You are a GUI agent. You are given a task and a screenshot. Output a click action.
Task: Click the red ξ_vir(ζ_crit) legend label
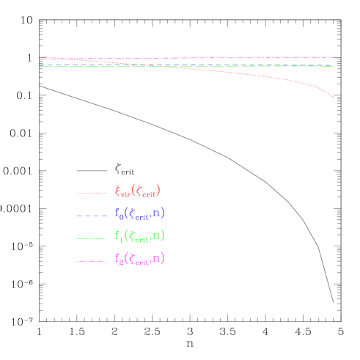point(138,192)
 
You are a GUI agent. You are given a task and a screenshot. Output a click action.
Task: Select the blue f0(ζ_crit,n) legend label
point(140,214)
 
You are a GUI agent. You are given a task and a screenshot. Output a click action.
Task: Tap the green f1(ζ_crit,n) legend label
point(140,236)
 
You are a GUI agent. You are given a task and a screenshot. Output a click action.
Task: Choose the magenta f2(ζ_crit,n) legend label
point(140,259)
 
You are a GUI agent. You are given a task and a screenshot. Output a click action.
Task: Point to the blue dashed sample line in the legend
point(92,216)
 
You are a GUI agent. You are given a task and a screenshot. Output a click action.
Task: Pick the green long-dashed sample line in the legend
point(92,238)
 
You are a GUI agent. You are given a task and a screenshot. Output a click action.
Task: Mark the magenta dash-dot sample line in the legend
point(92,261)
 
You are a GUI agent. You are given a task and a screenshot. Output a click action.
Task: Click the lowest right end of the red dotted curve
point(334,97)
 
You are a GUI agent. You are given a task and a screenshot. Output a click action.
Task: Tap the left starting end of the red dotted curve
point(40,56)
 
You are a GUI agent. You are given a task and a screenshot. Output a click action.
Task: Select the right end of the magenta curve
point(334,57)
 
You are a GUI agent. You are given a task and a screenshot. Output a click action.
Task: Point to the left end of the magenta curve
point(40,59)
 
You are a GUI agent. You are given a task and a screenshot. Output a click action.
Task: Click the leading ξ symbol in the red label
point(118,191)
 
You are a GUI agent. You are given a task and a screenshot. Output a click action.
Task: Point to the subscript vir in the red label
point(126,196)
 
